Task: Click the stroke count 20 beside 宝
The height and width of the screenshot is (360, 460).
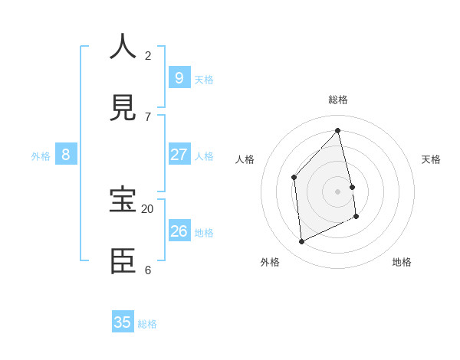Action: pos(147,209)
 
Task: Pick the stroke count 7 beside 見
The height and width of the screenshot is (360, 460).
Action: pos(147,117)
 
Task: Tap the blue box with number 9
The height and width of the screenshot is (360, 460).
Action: pos(179,77)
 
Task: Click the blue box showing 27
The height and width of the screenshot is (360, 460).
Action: pos(179,154)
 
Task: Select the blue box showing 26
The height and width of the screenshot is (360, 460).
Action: pos(179,231)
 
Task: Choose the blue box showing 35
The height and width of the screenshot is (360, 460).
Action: pos(123,322)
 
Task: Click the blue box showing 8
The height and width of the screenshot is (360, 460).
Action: pos(66,154)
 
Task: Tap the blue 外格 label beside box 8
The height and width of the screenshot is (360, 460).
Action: pos(41,156)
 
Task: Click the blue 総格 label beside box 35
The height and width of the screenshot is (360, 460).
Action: pos(147,325)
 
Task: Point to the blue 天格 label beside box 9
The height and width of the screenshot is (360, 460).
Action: pos(204,80)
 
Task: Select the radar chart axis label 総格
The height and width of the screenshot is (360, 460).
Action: pos(338,100)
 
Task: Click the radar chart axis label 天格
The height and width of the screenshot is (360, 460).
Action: pos(431,159)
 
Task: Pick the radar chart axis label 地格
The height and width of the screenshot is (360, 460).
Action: pos(402,262)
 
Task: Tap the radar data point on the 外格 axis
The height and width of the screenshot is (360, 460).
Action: pos(301,242)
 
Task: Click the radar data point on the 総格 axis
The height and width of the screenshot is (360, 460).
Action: pos(338,131)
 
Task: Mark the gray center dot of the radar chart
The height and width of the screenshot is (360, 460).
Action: pos(338,191)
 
